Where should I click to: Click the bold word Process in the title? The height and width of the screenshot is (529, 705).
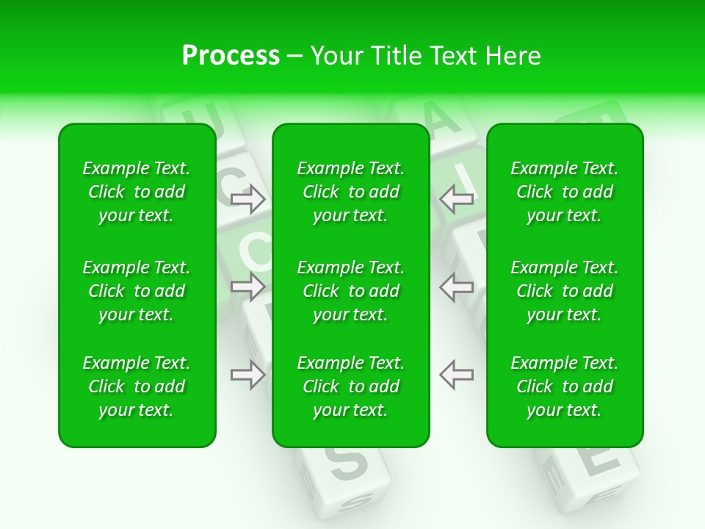[231, 56]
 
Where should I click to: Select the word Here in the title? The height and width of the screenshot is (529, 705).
[511, 56]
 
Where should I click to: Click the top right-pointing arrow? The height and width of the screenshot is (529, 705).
[248, 198]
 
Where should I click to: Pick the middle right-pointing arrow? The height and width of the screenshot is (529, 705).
[248, 287]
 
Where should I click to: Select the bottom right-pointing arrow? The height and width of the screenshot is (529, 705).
[248, 375]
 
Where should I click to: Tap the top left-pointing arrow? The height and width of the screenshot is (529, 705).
[457, 198]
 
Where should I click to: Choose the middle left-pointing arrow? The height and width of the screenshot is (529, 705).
[457, 287]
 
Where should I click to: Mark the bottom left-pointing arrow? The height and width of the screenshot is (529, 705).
[457, 375]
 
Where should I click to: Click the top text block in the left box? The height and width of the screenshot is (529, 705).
[137, 192]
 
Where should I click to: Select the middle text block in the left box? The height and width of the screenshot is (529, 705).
[137, 291]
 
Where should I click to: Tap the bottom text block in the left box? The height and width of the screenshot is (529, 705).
[137, 386]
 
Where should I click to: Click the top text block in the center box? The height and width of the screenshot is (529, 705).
[351, 192]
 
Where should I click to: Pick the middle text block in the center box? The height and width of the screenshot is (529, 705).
[351, 291]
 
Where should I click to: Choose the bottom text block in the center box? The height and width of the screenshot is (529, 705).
[351, 386]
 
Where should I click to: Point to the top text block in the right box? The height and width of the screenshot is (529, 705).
[565, 192]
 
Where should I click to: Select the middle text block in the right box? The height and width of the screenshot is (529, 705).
[565, 291]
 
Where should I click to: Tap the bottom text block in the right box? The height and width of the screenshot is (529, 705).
[565, 386]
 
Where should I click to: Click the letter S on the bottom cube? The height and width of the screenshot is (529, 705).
[347, 462]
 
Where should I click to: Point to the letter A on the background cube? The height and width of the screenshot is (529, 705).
[441, 118]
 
